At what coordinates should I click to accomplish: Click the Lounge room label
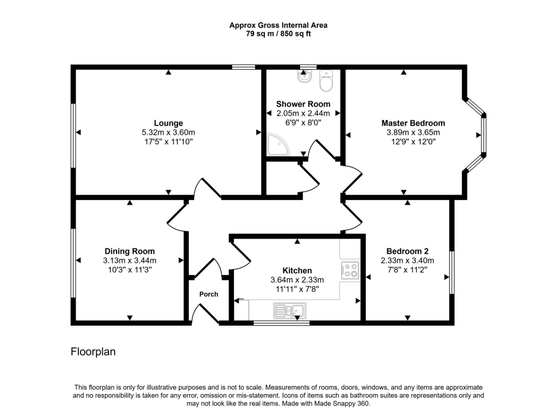(168, 123)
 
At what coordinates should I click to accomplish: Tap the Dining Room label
(129, 251)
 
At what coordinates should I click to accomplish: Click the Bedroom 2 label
(407, 251)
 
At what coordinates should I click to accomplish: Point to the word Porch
(209, 294)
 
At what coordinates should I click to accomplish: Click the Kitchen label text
(297, 270)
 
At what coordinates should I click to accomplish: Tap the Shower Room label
(303, 104)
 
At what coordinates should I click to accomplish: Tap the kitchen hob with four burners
(350, 270)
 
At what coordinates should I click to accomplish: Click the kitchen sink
(289, 311)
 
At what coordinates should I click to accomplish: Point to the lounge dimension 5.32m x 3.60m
(168, 133)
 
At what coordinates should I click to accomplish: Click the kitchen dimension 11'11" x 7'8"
(297, 289)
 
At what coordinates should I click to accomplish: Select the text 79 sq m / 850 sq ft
(278, 34)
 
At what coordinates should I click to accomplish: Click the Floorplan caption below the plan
(93, 352)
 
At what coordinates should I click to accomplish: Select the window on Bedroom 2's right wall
(451, 273)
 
